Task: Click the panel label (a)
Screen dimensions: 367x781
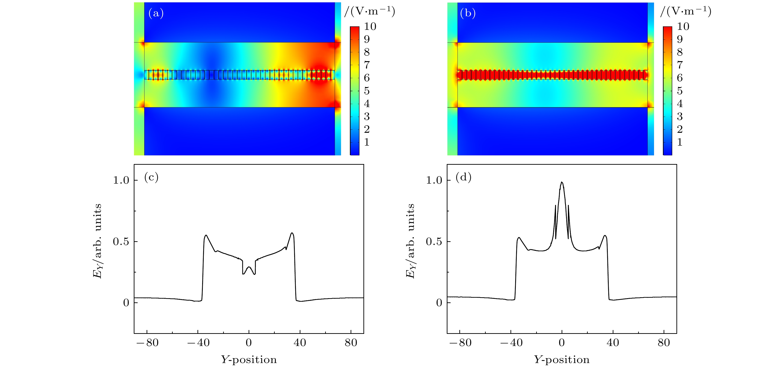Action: [x=156, y=14]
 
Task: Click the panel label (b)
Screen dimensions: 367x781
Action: [x=468, y=14]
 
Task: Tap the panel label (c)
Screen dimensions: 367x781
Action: [x=151, y=177]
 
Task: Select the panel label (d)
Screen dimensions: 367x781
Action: [x=463, y=177]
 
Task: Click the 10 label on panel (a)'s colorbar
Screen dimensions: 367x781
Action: [x=370, y=27]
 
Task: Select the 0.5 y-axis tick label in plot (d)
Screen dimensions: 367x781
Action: [x=434, y=242]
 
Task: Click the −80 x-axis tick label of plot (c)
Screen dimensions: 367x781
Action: [x=147, y=343]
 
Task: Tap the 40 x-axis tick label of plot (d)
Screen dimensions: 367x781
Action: [x=613, y=343]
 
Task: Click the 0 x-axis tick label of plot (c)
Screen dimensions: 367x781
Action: [x=249, y=343]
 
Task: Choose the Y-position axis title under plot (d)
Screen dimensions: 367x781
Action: [x=562, y=360]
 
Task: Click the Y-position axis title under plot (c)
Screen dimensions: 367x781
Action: [x=249, y=360]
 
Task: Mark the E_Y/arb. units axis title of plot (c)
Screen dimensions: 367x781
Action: [x=97, y=241]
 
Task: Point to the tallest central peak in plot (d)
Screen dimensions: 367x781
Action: [x=562, y=182]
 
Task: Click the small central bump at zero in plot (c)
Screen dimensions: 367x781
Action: [x=249, y=267]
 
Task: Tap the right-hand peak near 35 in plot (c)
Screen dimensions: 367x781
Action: [x=292, y=233]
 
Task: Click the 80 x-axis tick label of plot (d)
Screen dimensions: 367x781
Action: [x=664, y=343]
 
